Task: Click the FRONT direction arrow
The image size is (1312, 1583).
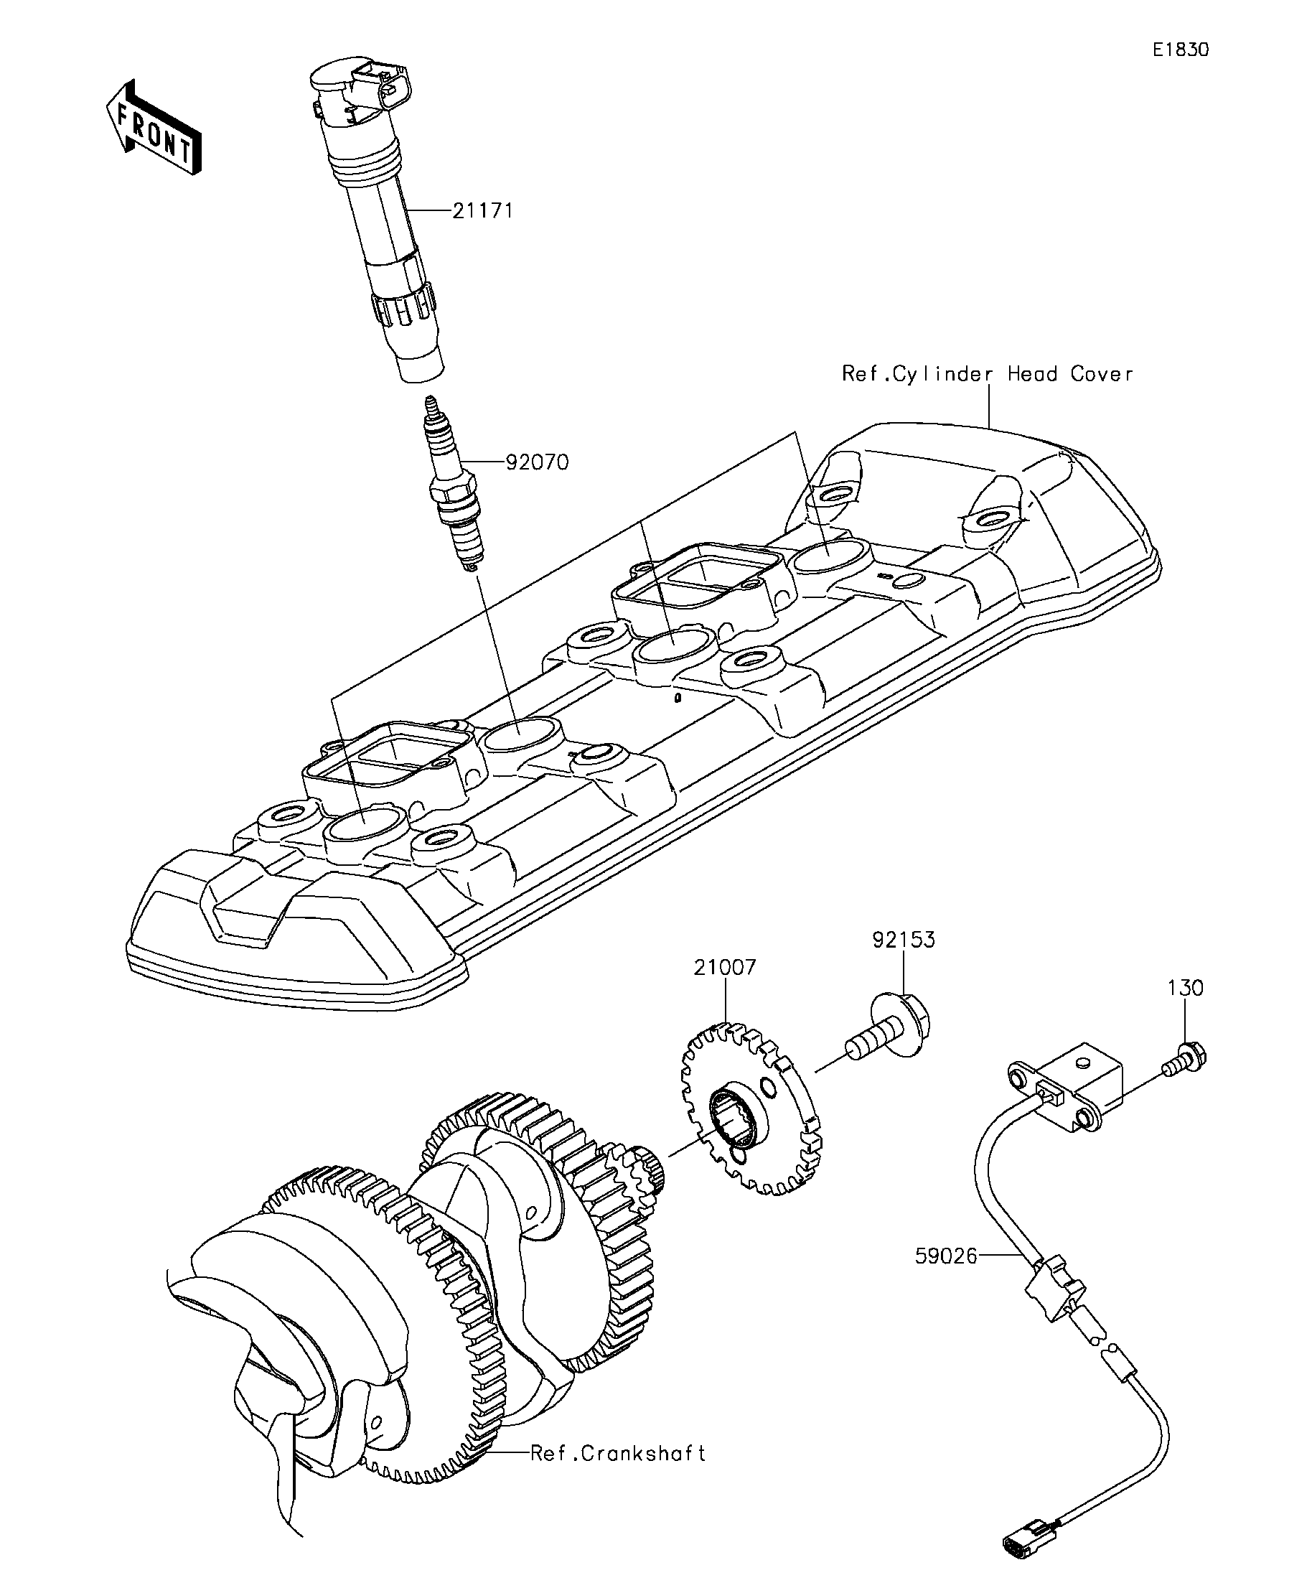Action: (154, 127)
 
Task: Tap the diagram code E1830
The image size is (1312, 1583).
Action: (1180, 50)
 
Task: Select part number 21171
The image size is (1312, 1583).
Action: (483, 210)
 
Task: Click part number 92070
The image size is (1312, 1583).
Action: (537, 462)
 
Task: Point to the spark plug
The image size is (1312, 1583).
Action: (453, 482)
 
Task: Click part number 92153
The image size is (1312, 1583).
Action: (904, 939)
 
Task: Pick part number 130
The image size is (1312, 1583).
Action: (1186, 988)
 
